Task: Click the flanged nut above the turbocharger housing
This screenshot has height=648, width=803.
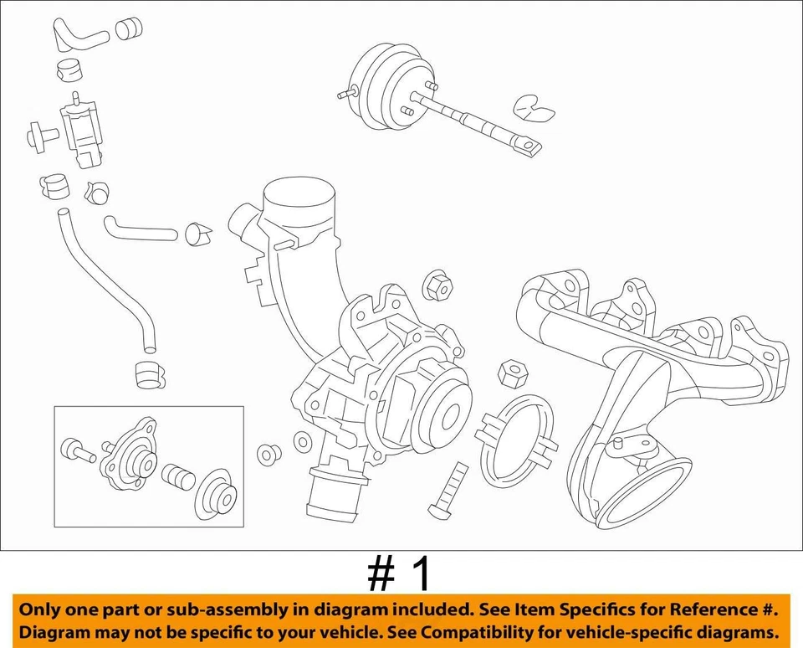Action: (438, 288)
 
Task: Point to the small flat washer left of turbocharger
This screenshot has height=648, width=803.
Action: (303, 441)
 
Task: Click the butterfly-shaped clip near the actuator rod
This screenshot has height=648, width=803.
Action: (533, 108)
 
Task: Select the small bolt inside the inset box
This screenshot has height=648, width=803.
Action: (77, 450)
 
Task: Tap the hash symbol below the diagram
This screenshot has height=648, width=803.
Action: (381, 574)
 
